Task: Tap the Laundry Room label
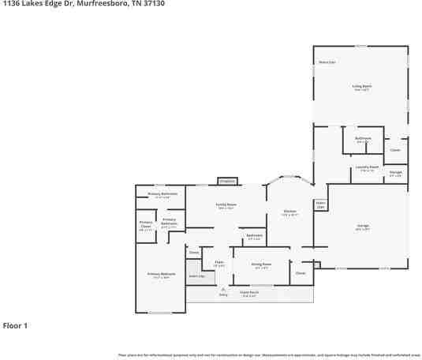(x=367, y=167)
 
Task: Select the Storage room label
(x=396, y=173)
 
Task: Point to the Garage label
(x=363, y=227)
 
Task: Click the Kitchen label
(x=289, y=212)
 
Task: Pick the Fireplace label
(x=227, y=182)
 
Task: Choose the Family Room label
(x=226, y=206)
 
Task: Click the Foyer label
(x=219, y=264)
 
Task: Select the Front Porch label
(x=249, y=293)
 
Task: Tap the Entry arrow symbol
(x=223, y=290)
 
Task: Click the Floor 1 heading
(x=15, y=325)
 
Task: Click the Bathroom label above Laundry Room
(x=363, y=140)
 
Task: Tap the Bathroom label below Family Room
(x=254, y=236)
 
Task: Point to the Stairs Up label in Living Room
(x=326, y=62)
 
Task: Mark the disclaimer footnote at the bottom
(x=268, y=355)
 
